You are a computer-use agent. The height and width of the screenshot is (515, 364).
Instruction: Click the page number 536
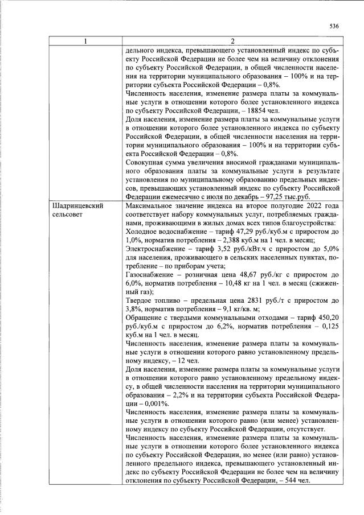(334, 26)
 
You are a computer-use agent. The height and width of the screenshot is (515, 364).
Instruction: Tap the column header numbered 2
(232, 41)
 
